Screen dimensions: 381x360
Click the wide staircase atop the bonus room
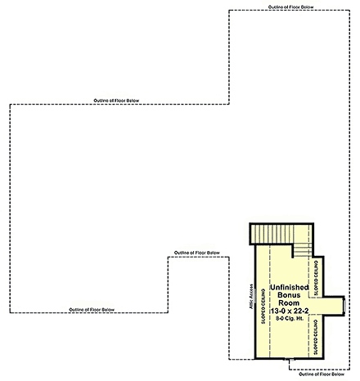[x=281, y=234]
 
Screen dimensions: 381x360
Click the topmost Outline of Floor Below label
[x=290, y=7]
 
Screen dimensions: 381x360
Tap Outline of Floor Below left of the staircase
[x=196, y=253]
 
